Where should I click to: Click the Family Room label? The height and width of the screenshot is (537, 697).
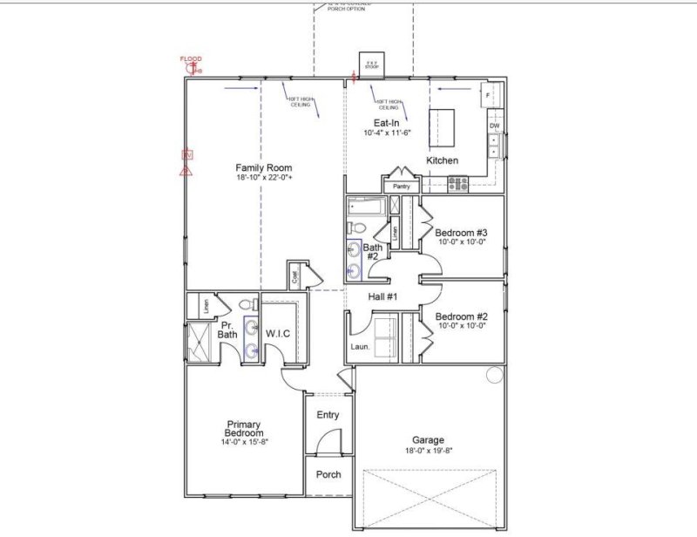(263, 167)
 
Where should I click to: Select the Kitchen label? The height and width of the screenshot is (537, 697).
(442, 161)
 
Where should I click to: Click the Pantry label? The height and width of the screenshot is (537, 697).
(401, 187)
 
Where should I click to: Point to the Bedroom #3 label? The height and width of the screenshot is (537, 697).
(461, 233)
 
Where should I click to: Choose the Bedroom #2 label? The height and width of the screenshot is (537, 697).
(461, 316)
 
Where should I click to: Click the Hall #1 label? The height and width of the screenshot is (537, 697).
(382, 298)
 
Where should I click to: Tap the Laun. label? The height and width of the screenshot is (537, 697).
(361, 347)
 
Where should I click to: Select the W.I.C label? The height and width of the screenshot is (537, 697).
(277, 332)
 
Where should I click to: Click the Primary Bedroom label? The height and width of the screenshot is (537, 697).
(244, 427)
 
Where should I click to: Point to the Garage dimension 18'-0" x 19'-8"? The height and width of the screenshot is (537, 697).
(428, 451)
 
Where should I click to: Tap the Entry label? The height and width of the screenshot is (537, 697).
(328, 415)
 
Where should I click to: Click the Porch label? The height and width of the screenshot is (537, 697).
(328, 475)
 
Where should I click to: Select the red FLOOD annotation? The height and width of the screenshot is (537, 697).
(191, 59)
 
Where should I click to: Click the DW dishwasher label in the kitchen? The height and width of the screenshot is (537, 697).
(494, 126)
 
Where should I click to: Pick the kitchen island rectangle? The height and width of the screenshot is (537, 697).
(443, 128)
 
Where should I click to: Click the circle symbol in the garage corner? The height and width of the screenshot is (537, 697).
(495, 376)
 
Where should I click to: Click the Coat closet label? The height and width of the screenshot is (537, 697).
(295, 278)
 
